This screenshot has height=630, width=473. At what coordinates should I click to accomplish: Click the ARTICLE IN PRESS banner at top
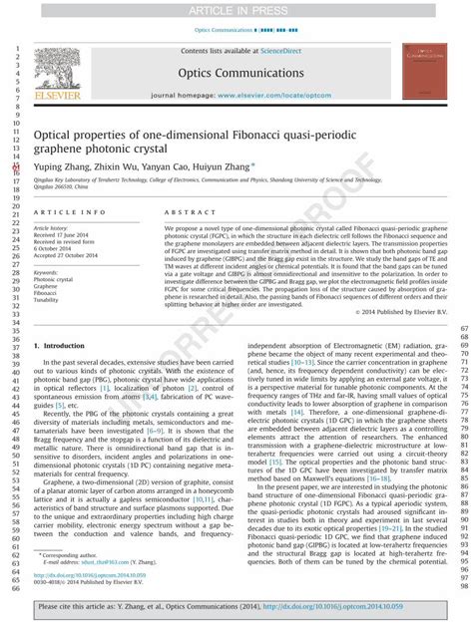point(236,9)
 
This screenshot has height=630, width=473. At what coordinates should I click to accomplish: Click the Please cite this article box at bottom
point(236,606)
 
